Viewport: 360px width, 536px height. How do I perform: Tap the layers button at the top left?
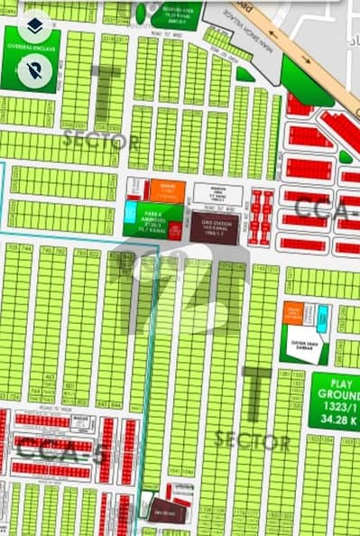[35, 24]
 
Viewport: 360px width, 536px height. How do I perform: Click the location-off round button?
[35, 68]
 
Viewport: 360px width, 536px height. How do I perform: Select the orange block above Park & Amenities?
[167, 189]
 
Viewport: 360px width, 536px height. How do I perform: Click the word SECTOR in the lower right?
[254, 441]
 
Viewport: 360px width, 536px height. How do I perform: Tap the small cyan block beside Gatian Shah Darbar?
[323, 315]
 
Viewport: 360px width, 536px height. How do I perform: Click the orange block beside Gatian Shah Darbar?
[293, 313]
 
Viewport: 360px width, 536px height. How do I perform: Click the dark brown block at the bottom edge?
[167, 511]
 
